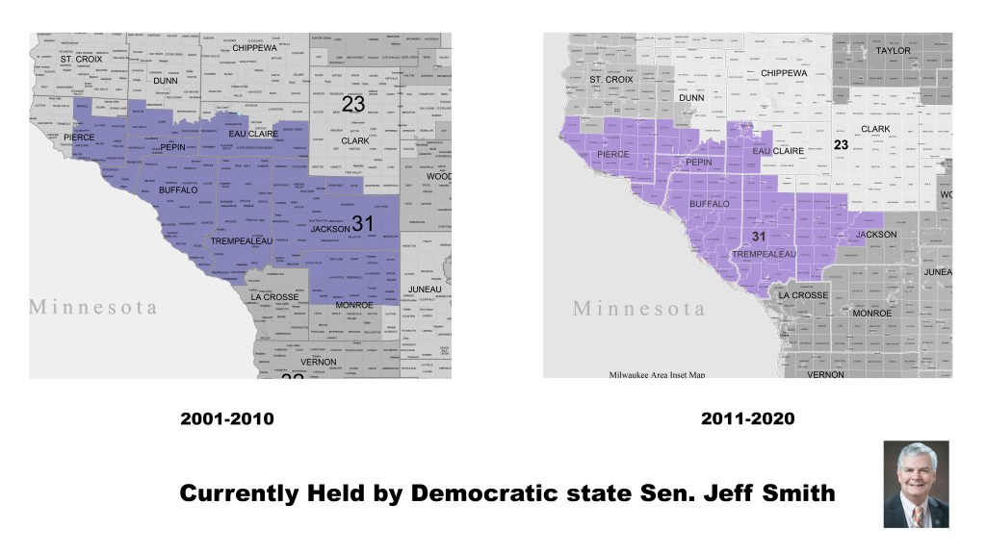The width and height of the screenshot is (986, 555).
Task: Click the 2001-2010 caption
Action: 227,419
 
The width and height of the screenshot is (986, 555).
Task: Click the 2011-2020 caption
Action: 748,419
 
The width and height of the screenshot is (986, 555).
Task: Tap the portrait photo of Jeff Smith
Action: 916,484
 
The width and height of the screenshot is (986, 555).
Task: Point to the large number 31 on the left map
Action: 363,223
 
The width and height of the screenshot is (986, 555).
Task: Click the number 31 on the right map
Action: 758,238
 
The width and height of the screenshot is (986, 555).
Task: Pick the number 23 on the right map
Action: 841,145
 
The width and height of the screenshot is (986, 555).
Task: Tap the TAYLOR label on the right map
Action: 892,51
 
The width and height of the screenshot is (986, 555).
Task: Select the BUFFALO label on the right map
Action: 710,204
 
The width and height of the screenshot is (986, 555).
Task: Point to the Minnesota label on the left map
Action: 92,307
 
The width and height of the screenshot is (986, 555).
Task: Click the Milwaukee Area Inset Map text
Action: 658,374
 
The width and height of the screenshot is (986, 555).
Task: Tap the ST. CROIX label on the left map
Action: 81,60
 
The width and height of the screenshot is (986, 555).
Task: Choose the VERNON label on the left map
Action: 318,362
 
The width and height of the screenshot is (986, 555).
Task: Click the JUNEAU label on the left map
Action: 425,290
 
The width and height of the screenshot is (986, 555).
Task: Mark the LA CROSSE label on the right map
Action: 803,295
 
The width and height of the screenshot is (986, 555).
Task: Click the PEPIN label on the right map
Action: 698,163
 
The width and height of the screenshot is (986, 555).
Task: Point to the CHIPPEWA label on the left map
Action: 254,47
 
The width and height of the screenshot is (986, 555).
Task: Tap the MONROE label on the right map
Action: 871,314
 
